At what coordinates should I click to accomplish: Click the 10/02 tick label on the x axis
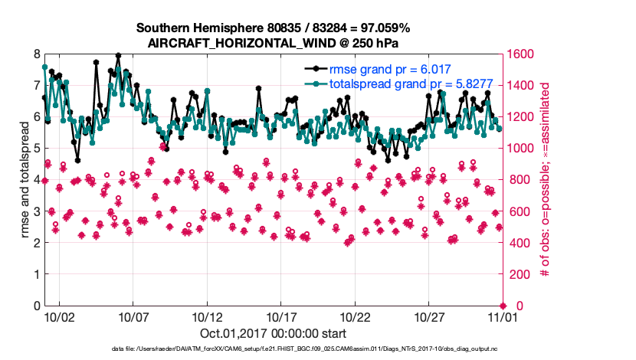(x=59, y=316)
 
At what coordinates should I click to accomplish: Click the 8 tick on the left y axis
(x=36, y=54)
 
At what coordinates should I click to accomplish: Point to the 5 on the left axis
(x=36, y=149)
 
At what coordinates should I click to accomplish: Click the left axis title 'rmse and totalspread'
(x=25, y=179)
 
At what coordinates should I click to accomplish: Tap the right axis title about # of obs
(x=546, y=179)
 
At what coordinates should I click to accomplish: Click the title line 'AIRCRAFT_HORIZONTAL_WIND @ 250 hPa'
(x=274, y=43)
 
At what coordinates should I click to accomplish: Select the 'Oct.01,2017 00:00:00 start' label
(x=274, y=333)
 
